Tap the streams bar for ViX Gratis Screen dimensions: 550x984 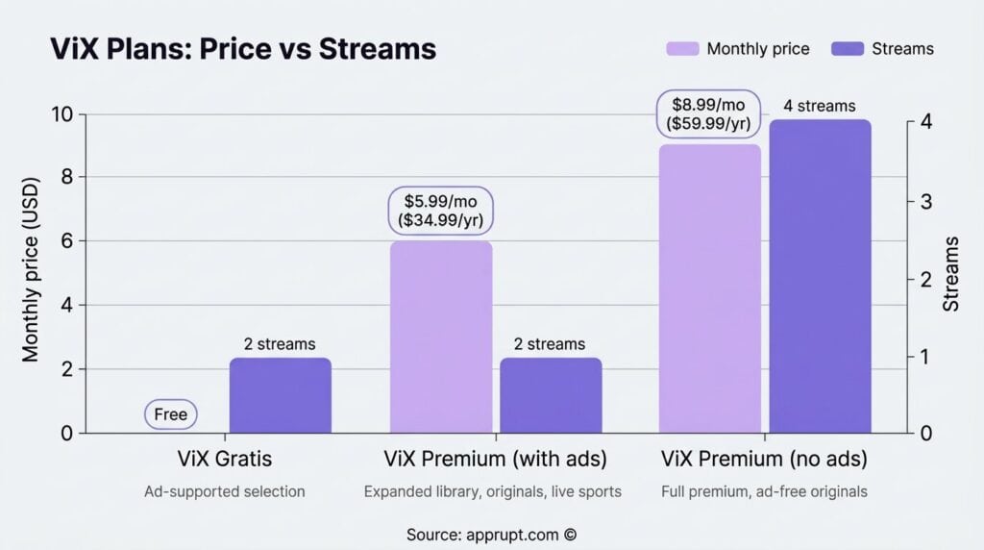(x=280, y=395)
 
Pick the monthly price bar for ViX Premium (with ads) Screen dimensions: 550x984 (x=441, y=337)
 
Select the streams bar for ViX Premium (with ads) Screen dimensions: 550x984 (x=551, y=395)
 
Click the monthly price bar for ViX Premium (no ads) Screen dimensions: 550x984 (x=710, y=288)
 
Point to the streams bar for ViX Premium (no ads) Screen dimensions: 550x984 (x=820, y=276)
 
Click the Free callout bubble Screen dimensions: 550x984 (x=171, y=415)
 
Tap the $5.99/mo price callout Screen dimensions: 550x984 (x=441, y=210)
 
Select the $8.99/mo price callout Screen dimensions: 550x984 (x=709, y=113)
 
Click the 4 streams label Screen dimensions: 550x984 (x=819, y=106)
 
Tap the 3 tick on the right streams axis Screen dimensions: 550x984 (x=924, y=201)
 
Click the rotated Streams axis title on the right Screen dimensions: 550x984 (x=951, y=273)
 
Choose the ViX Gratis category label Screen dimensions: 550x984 (x=225, y=459)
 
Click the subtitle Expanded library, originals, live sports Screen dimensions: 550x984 (x=492, y=491)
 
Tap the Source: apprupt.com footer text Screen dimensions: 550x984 (x=491, y=535)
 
